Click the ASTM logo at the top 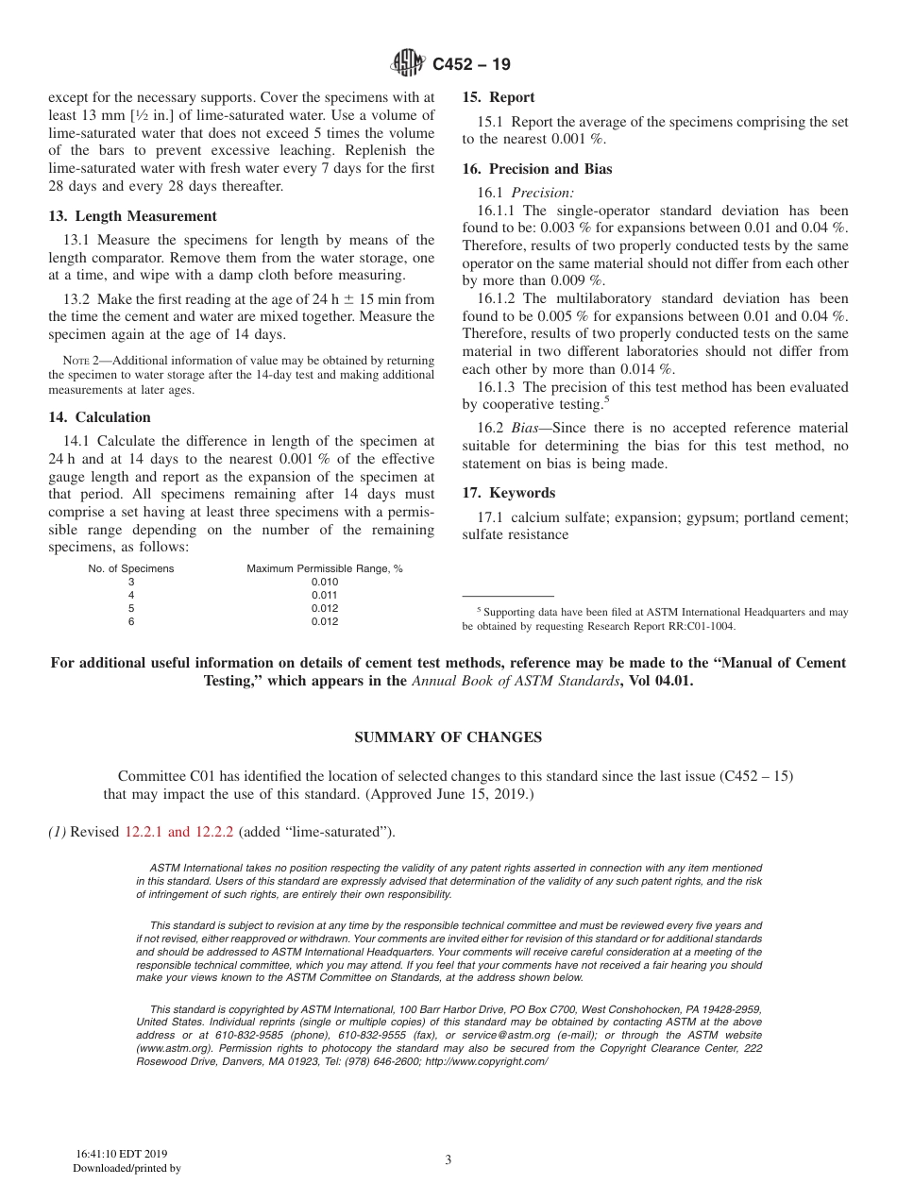(x=408, y=64)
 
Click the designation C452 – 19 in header (x=472, y=65)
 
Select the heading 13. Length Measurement (x=133, y=216)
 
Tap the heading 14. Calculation (x=100, y=417)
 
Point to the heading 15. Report (x=498, y=97)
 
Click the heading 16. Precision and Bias (x=536, y=169)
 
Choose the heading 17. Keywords (x=508, y=493)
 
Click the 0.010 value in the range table (x=324, y=583)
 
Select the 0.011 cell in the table (x=324, y=596)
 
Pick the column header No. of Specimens (x=131, y=569)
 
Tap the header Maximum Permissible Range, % (x=325, y=569)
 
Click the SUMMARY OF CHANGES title (x=448, y=737)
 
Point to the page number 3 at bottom (x=448, y=1160)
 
